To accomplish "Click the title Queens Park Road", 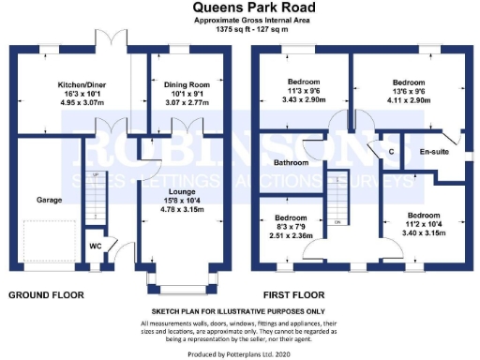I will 239,8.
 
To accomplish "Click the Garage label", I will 49,200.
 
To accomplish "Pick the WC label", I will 95,247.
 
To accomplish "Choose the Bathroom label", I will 291,162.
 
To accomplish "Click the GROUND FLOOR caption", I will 46,294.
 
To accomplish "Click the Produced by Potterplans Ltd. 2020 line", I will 239,352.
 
